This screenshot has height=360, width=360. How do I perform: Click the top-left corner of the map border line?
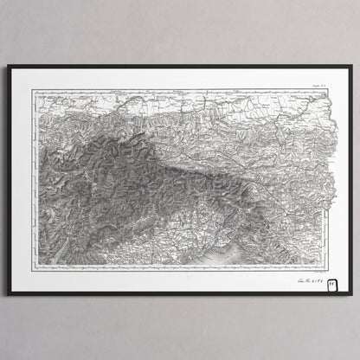tap(36, 93)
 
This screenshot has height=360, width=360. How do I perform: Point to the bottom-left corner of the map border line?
tap(36, 262)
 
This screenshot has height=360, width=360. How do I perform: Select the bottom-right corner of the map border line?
tap(333, 262)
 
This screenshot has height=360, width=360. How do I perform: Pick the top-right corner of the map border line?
tap(333, 93)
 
